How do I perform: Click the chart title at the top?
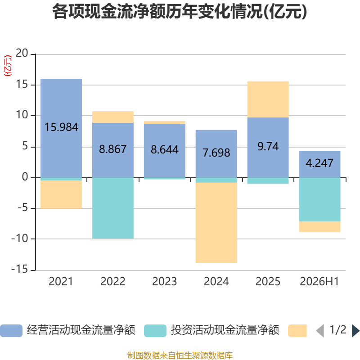[180, 12]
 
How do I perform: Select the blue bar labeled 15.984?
[61, 128]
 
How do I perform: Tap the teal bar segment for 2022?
[113, 208]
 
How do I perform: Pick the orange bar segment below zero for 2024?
[216, 222]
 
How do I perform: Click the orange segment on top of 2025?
[268, 99]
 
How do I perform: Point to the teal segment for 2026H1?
[319, 199]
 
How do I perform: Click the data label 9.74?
[268, 147]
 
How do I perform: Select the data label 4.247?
[319, 163]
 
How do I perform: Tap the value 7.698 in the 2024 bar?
[216, 153]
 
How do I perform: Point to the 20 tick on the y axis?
[22, 53]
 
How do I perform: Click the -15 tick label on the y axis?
[20, 269]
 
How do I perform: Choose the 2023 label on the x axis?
[164, 282]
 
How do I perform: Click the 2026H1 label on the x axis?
[319, 282]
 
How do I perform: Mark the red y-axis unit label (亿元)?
[8, 66]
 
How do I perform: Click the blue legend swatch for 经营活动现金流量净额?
[11, 331]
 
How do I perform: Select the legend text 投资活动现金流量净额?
[225, 330]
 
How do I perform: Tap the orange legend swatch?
[297, 331]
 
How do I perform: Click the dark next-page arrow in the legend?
[355, 331]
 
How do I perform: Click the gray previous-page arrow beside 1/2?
[320, 331]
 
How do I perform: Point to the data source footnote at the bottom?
[180, 355]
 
